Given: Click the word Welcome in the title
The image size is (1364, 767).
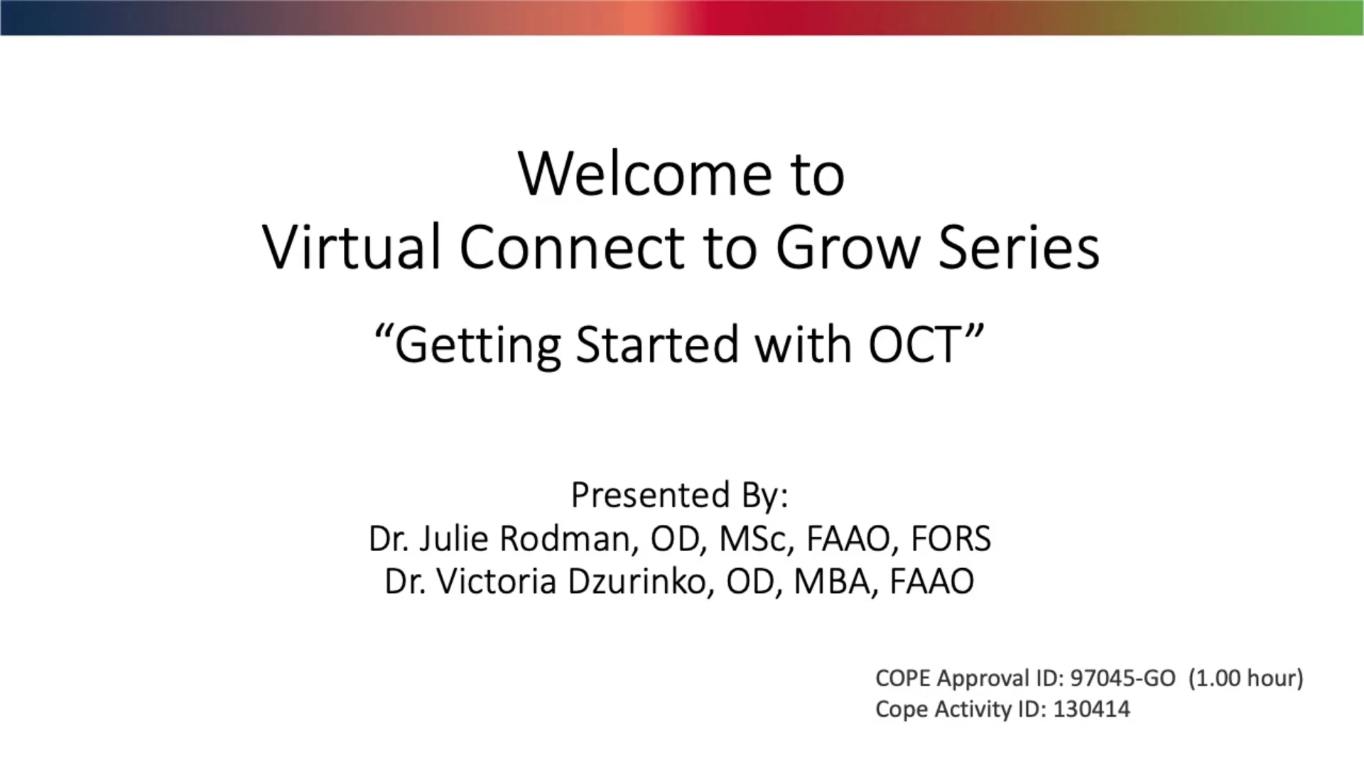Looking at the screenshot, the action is click(645, 174).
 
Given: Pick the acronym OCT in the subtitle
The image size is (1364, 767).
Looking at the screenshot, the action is click(915, 344).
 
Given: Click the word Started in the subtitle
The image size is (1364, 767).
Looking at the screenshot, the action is click(657, 344).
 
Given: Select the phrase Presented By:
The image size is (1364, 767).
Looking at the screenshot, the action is click(680, 495).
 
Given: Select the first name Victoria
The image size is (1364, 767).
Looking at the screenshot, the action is click(497, 582).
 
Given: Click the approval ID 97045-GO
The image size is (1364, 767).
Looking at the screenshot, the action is click(1123, 679).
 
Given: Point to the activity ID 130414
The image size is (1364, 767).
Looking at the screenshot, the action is click(1091, 709).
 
